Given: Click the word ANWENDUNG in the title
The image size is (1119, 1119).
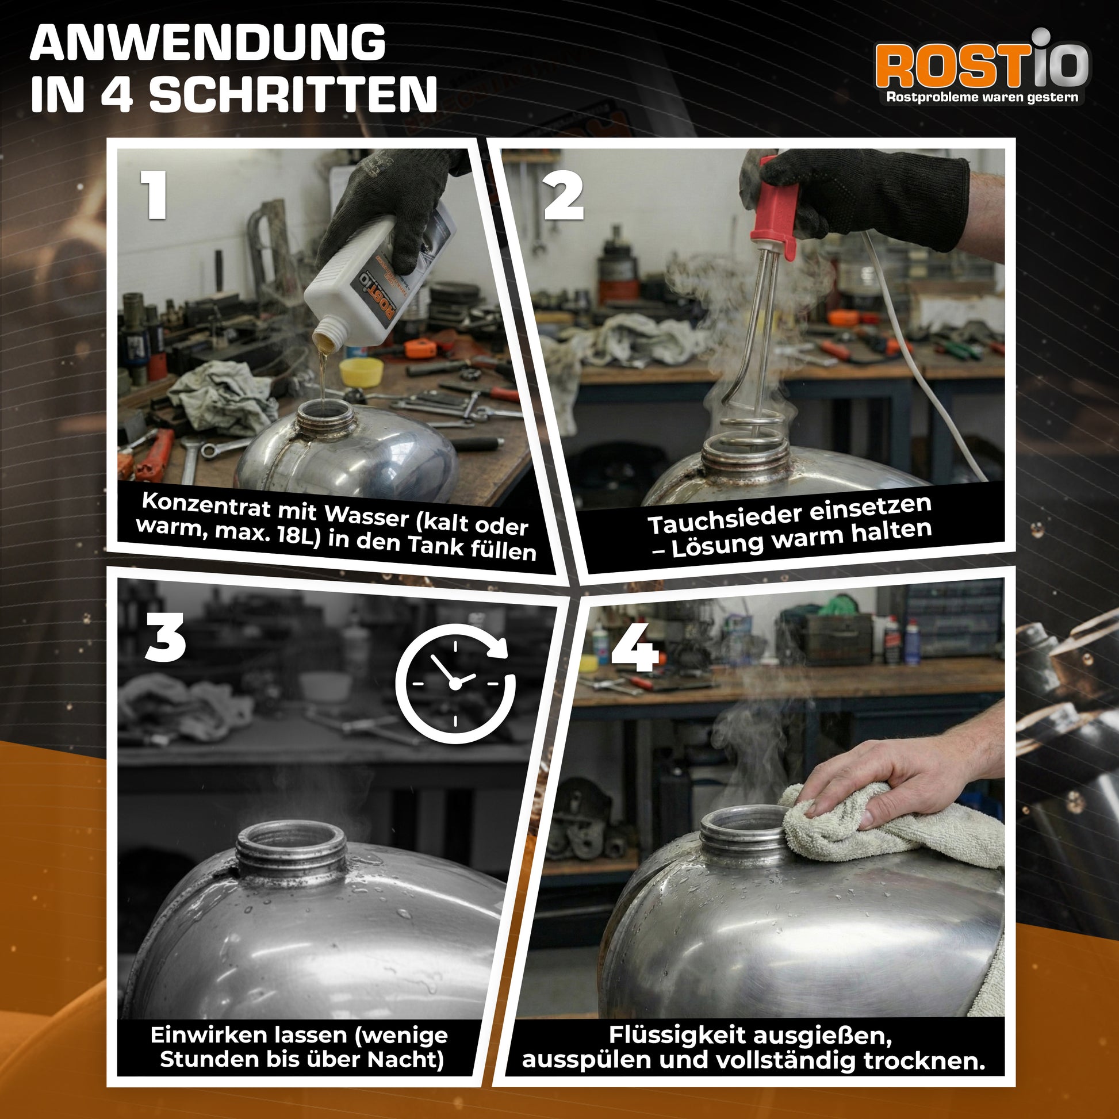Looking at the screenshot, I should coord(208,44).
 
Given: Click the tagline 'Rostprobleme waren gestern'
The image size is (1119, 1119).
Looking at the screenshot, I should coord(982,97).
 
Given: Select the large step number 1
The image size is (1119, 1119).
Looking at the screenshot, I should coord(154,195).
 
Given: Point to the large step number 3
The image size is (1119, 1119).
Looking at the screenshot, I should coord(165,638).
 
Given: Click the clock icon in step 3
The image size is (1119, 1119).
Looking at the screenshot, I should coord(455,683).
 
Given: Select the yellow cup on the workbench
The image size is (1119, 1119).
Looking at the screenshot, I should coord(361,371).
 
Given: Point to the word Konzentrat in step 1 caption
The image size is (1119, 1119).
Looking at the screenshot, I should coord(206,504).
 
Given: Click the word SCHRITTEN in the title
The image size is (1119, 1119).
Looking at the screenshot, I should coord(293,94).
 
